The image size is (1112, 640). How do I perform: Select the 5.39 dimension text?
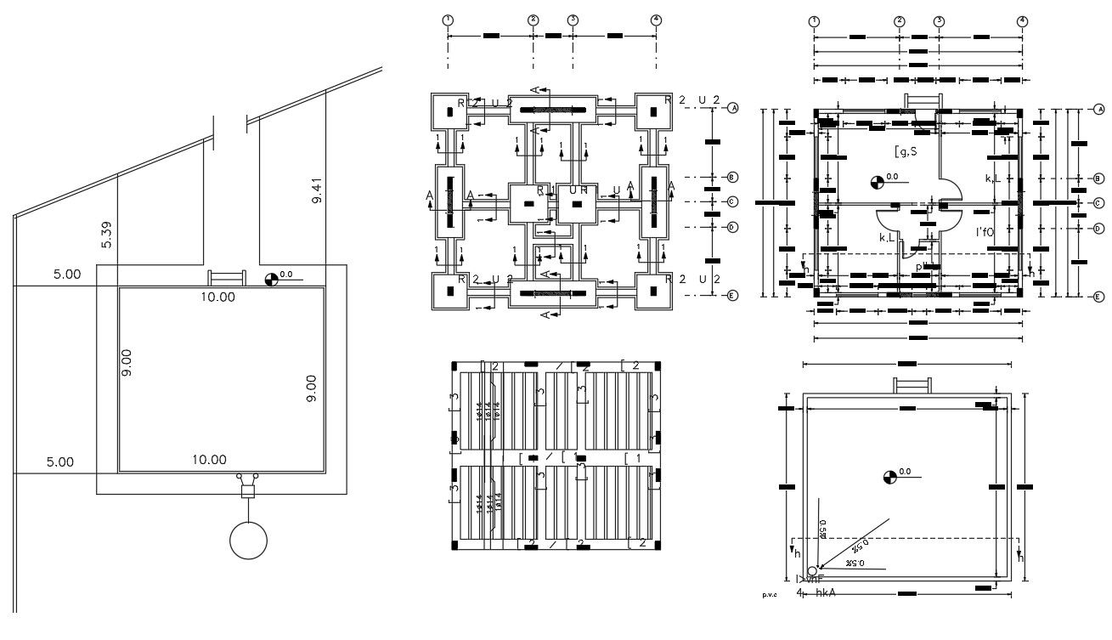pyautogui.click(x=106, y=235)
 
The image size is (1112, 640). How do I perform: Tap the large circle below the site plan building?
pyautogui.click(x=248, y=540)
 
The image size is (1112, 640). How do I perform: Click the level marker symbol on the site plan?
pyautogui.click(x=272, y=278)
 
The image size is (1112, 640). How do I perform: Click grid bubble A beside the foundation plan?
pyautogui.click(x=732, y=108)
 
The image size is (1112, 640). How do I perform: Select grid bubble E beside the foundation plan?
pyautogui.click(x=732, y=296)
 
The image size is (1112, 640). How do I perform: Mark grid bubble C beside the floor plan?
pyautogui.click(x=1098, y=203)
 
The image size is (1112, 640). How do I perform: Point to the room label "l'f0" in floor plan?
pyautogui.click(x=984, y=231)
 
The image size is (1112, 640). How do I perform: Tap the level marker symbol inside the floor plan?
pyautogui.click(x=877, y=180)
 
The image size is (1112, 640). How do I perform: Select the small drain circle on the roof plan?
pyautogui.click(x=812, y=570)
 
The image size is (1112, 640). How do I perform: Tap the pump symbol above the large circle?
pyautogui.click(x=248, y=488)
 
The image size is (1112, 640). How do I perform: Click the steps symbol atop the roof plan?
pyautogui.click(x=911, y=385)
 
